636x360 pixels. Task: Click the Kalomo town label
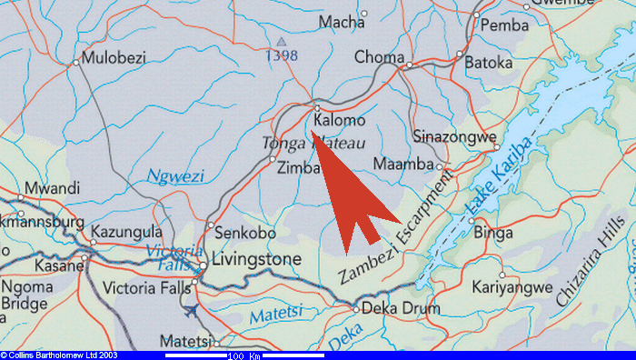(339, 120)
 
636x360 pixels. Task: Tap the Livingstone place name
(255, 261)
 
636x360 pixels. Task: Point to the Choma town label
(379, 57)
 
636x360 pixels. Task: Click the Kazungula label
(131, 234)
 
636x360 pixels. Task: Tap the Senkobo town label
(244, 234)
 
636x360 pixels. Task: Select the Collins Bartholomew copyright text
(59, 355)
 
